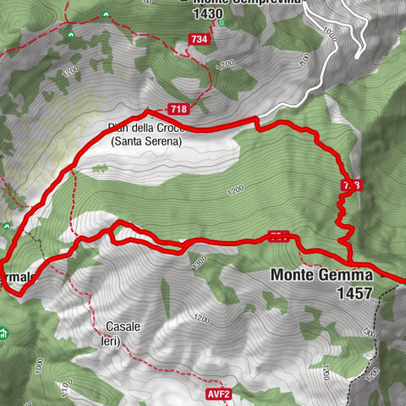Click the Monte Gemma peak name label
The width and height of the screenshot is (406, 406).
[321, 276]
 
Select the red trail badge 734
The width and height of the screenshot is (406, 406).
[199, 40]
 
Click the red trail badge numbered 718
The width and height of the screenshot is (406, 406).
[178, 108]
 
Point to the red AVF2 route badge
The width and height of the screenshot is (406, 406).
[217, 394]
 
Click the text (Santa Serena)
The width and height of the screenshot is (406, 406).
[146, 143]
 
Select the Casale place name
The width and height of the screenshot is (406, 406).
[123, 326]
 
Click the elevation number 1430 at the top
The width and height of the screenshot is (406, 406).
[207, 14]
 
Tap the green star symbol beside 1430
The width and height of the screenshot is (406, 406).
[222, 22]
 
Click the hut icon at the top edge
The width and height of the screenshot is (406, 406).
[105, 14]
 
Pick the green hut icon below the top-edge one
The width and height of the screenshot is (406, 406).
[69, 33]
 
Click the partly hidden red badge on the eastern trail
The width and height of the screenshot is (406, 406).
[352, 185]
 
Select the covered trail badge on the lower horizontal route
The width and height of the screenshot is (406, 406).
[277, 237]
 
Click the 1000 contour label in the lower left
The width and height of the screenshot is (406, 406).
[39, 365]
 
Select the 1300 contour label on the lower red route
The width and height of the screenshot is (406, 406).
[200, 261]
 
